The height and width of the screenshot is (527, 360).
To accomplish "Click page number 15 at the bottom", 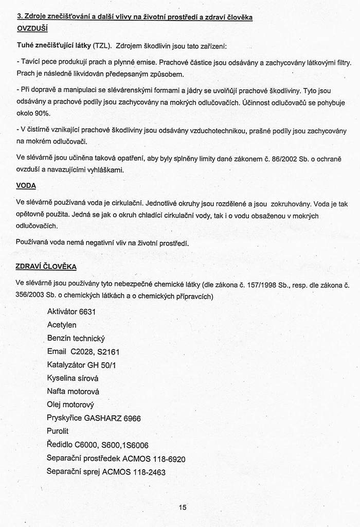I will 183,507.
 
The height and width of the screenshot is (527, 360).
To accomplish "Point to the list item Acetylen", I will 62,325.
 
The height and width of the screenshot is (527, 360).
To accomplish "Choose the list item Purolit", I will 58,431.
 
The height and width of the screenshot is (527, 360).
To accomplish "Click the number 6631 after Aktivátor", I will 87,311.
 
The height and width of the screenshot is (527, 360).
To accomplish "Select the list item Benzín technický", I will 76,338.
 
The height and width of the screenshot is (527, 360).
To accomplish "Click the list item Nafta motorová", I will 73,392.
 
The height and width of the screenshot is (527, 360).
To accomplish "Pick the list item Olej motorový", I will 70,405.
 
